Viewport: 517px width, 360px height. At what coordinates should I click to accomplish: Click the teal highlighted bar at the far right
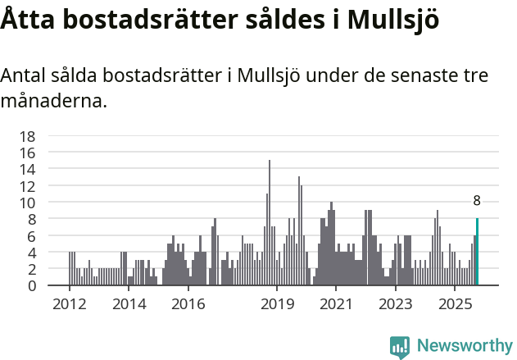click(477, 252)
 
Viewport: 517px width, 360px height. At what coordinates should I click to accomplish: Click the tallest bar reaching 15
click(270, 223)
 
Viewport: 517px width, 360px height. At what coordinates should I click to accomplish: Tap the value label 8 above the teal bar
click(477, 201)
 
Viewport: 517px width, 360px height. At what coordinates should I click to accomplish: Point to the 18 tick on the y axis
click(27, 136)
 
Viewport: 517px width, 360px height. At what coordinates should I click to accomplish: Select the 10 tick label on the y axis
click(27, 203)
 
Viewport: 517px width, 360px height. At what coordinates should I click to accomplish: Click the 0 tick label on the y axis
click(31, 286)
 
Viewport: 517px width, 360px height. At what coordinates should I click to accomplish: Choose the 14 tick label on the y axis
click(27, 170)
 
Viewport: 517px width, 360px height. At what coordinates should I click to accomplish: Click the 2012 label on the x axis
click(69, 304)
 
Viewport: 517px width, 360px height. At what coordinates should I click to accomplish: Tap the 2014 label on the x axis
click(129, 304)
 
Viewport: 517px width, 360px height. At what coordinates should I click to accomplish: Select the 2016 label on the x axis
click(188, 304)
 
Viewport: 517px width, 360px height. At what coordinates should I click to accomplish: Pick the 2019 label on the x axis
click(277, 304)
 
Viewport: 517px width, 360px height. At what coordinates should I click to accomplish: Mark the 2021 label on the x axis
click(336, 304)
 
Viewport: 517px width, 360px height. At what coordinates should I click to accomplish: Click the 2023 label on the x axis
click(396, 304)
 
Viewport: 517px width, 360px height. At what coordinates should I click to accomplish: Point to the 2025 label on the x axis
click(455, 304)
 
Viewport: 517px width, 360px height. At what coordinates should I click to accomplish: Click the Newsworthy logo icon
click(400, 346)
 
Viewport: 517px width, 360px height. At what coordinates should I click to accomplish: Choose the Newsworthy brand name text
click(464, 346)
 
